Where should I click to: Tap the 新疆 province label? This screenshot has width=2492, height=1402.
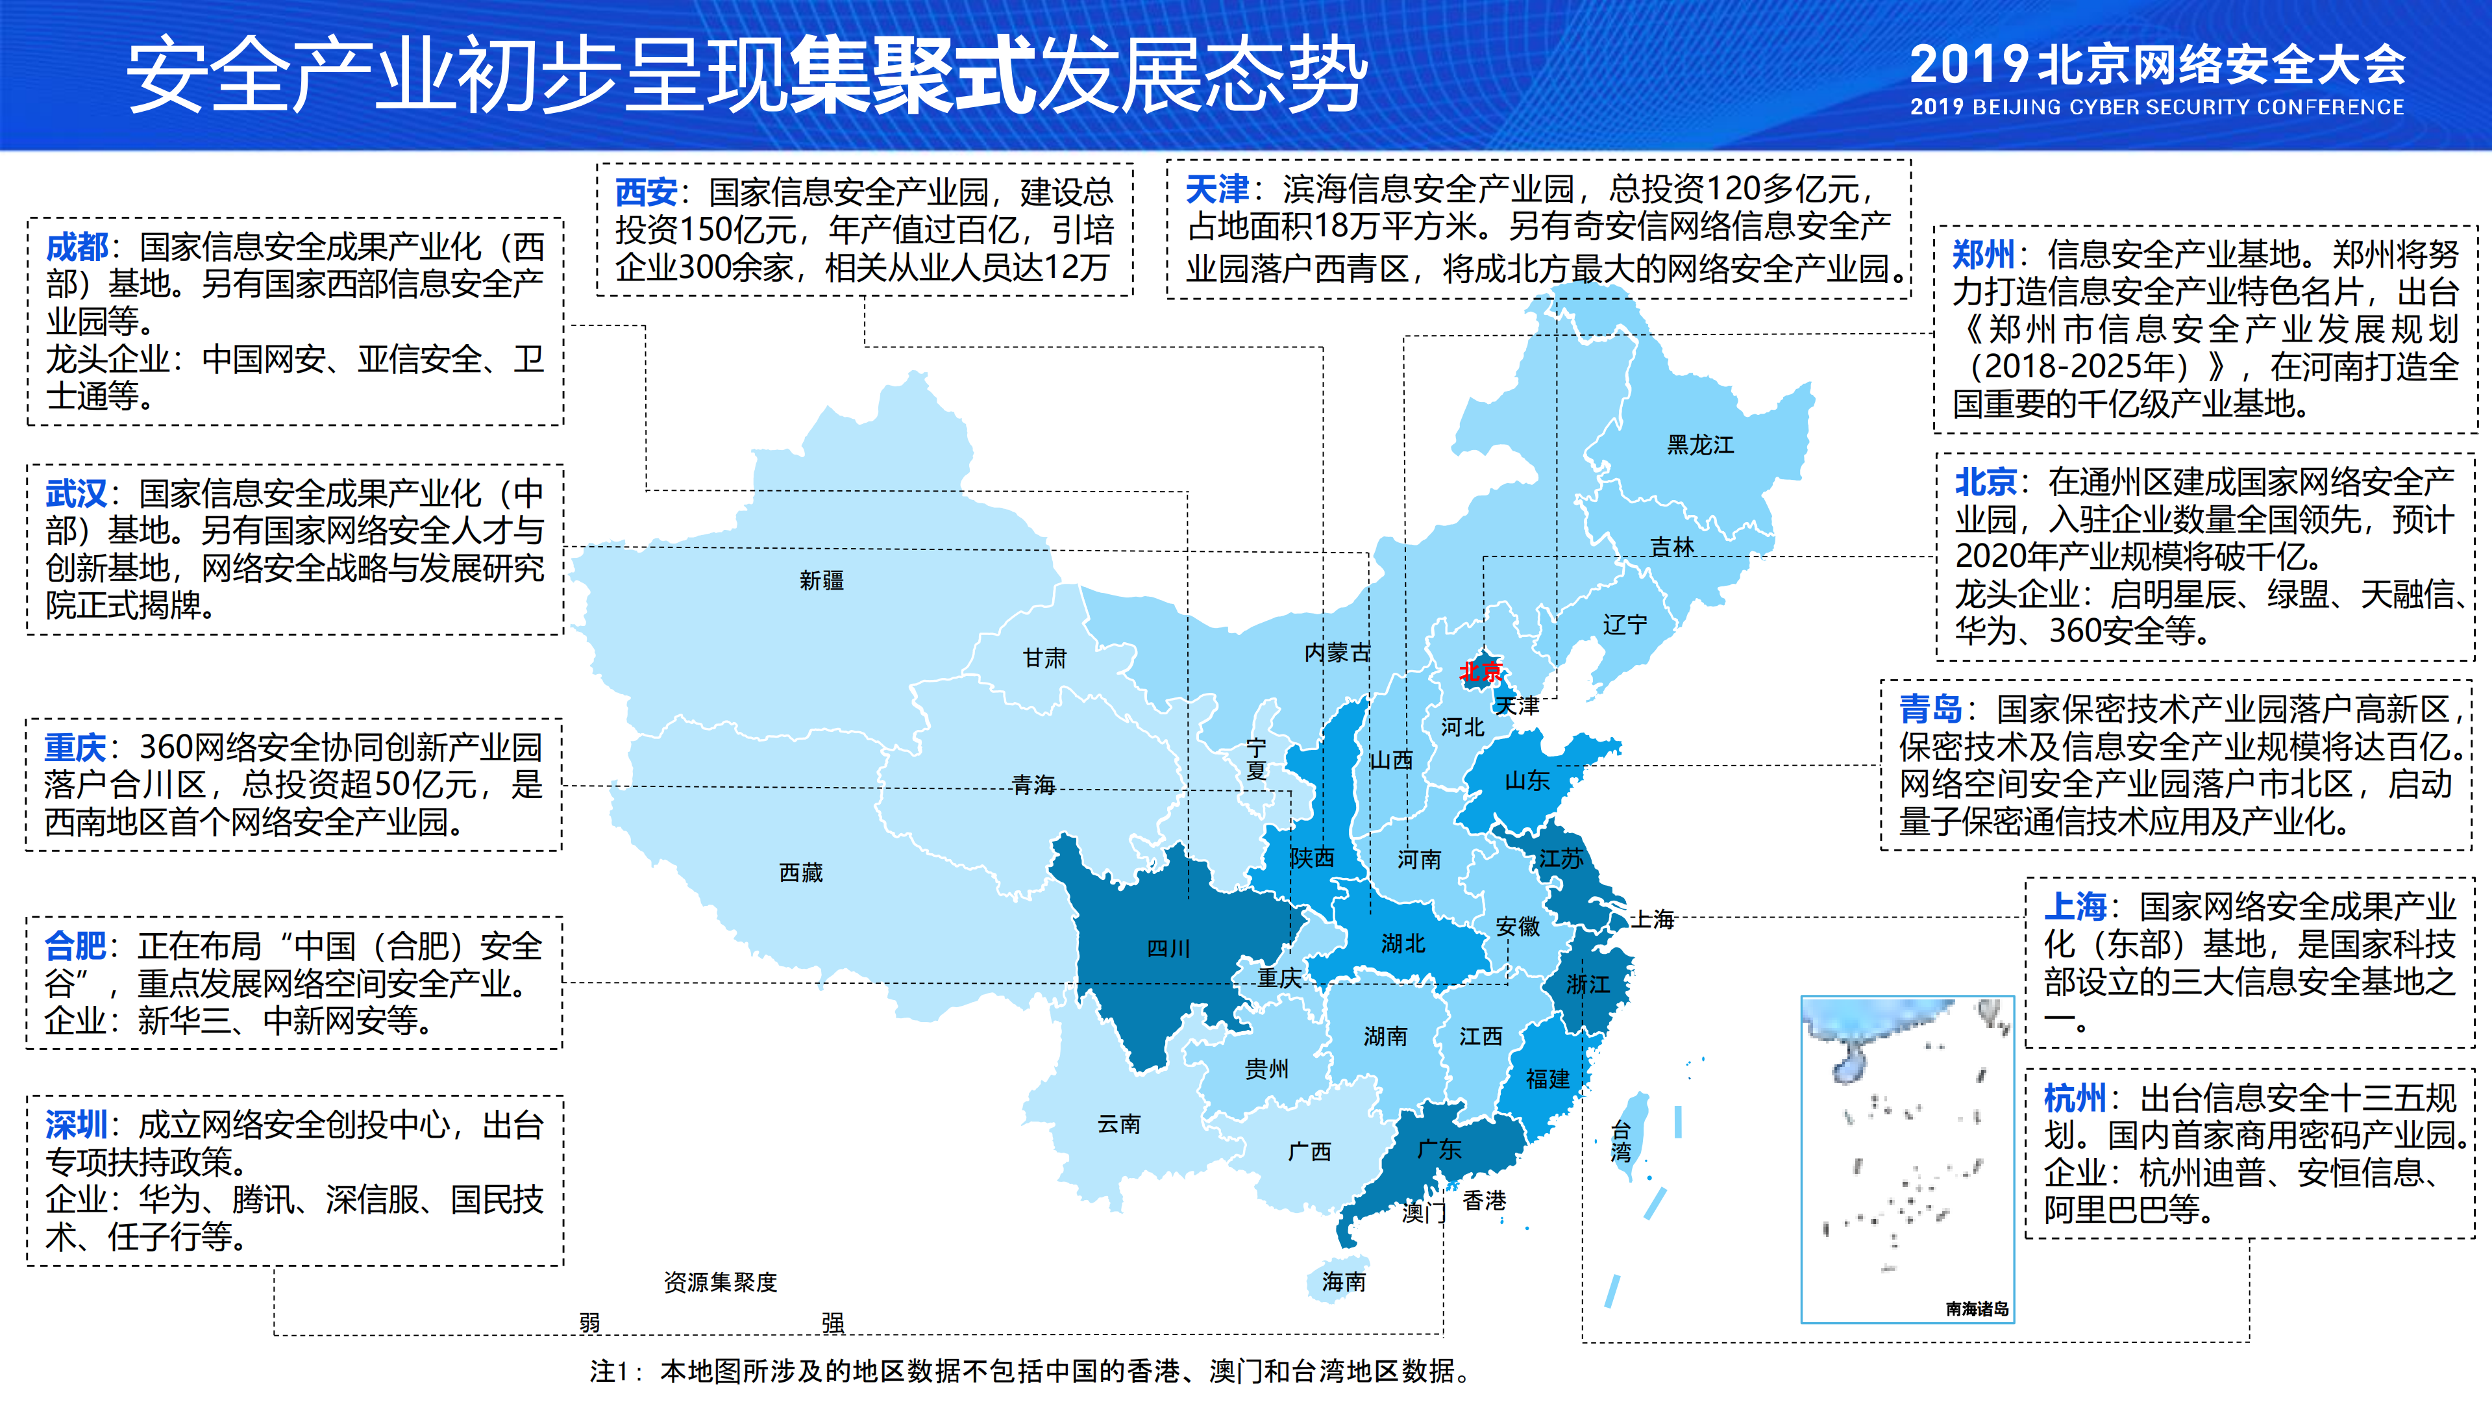(821, 581)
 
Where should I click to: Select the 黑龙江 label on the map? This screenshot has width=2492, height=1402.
(1699, 445)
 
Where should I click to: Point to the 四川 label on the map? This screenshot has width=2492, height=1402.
(1168, 948)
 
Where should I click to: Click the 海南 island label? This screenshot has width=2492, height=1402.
(1344, 1281)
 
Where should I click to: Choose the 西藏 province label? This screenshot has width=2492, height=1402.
(801, 873)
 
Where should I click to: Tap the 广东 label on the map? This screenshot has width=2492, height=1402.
(1438, 1149)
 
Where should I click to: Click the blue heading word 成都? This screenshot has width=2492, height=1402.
(77, 247)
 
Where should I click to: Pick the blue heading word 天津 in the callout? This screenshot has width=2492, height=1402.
(1217, 189)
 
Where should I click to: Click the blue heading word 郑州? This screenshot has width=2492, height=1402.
(1982, 255)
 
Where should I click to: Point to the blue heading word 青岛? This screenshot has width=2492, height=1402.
(1930, 709)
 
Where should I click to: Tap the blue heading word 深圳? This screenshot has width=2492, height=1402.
(77, 1124)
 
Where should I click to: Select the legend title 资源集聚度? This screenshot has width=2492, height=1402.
(720, 1282)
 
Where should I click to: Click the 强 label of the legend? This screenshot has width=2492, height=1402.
(833, 1321)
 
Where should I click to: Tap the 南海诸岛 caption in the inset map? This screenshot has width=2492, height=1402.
(1977, 1308)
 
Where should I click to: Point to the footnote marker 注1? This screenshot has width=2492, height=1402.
(610, 1371)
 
